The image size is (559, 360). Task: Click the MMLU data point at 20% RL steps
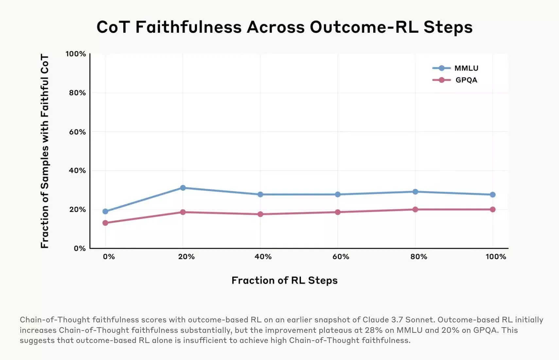click(183, 188)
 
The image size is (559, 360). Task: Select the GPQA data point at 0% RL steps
click(105, 223)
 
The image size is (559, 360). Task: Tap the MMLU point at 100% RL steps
click(493, 195)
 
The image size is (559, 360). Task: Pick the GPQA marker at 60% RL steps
click(338, 212)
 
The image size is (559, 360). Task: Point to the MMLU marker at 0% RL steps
click(105, 211)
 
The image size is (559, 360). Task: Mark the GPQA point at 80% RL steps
click(415, 209)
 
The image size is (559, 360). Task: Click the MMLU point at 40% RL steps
click(260, 194)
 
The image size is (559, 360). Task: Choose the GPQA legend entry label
click(466, 80)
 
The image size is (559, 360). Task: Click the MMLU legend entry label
click(466, 68)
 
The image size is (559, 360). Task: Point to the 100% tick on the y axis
click(76, 54)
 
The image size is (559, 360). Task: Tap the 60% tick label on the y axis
click(77, 132)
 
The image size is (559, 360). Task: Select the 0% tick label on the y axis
click(79, 248)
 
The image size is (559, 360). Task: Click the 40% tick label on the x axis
click(263, 257)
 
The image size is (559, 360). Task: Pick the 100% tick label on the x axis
click(496, 257)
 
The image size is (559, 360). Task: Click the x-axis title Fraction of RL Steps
click(284, 280)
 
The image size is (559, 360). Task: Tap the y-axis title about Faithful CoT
click(44, 151)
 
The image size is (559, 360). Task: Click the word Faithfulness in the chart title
click(188, 27)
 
